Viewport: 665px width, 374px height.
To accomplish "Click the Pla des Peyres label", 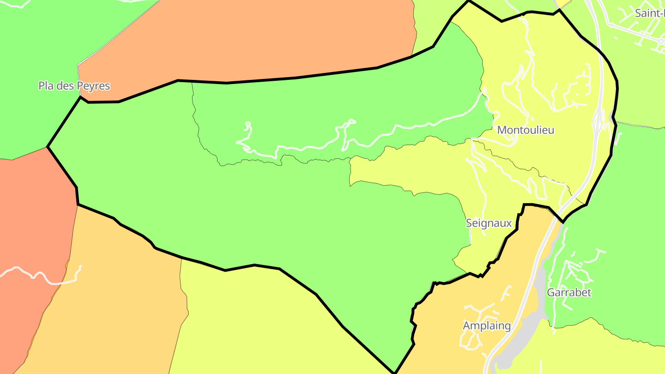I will pyautogui.click(x=74, y=86).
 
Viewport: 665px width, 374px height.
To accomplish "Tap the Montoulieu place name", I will pyautogui.click(x=526, y=130).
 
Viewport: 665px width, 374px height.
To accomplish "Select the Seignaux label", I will pyautogui.click(x=489, y=223).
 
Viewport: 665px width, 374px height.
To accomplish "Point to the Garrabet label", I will pyautogui.click(x=569, y=293).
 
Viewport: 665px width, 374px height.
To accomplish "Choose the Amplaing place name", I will pyautogui.click(x=487, y=326).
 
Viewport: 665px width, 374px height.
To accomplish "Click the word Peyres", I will pyautogui.click(x=94, y=86).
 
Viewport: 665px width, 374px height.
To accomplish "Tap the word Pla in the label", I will pyautogui.click(x=46, y=86).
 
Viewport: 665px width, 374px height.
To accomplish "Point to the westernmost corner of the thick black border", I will pyautogui.click(x=48, y=147).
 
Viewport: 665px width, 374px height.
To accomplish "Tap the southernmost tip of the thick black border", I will pyautogui.click(x=394, y=372).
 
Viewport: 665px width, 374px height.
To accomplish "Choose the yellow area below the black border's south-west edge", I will pyautogui.click(x=259, y=323).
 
